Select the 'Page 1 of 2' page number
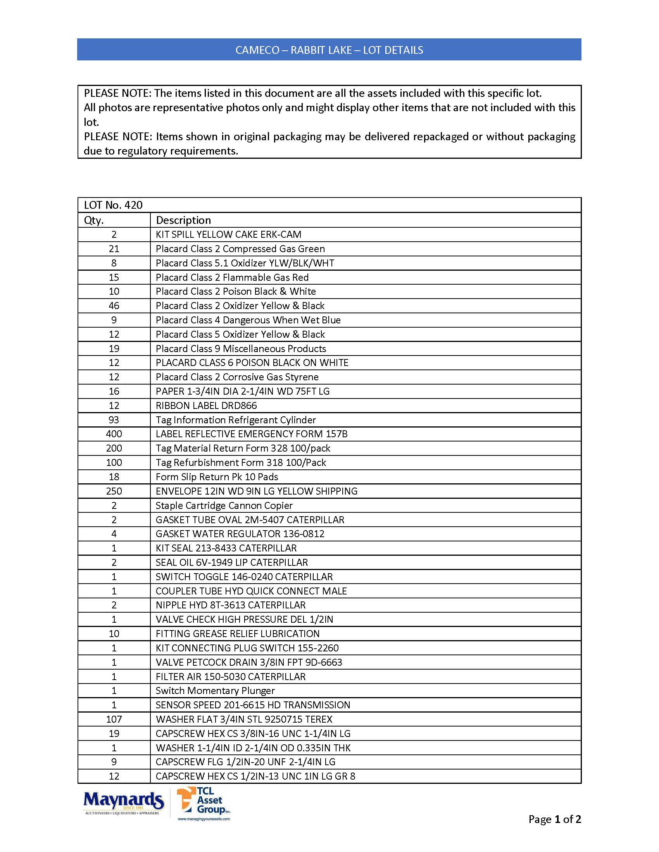click(x=554, y=819)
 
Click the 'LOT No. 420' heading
click(x=113, y=205)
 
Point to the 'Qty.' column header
click(x=94, y=220)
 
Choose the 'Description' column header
click(x=183, y=220)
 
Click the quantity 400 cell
click(x=114, y=434)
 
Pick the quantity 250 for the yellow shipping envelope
click(x=114, y=491)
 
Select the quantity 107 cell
click(x=114, y=720)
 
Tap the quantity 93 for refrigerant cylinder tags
click(x=114, y=420)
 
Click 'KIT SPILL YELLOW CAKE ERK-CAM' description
click(x=228, y=234)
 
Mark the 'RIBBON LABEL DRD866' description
click(x=206, y=406)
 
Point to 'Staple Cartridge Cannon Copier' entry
click(x=224, y=505)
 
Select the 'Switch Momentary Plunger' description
click(x=215, y=691)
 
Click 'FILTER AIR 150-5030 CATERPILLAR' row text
click(x=230, y=677)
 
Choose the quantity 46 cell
click(x=114, y=306)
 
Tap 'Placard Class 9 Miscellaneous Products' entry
click(x=241, y=349)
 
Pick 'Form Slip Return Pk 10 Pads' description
click(x=217, y=477)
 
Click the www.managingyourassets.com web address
click(x=204, y=819)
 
